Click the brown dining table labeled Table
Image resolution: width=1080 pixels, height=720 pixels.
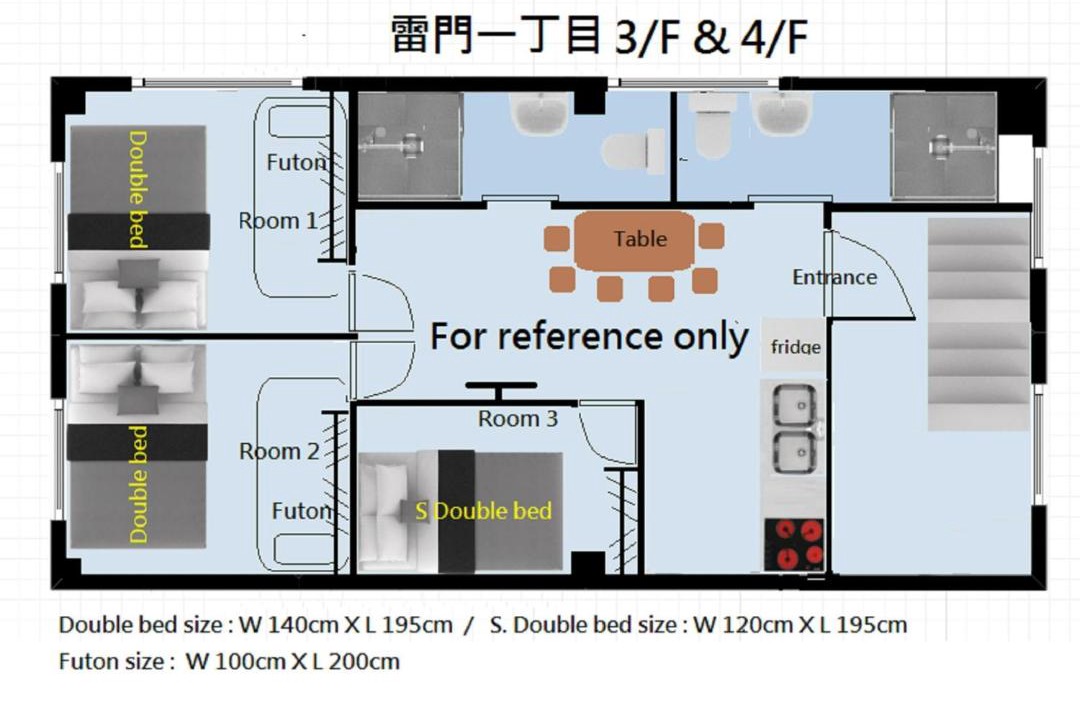[x=634, y=240]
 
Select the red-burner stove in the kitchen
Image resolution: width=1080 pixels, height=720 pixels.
[x=793, y=544]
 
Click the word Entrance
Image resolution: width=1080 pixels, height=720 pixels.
[x=834, y=277]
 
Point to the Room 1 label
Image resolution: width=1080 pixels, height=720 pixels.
[x=278, y=220]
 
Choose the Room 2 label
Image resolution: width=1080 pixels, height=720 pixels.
[x=279, y=451]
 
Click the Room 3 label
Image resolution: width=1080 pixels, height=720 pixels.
[x=518, y=418]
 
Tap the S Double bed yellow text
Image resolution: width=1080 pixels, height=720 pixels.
[x=484, y=511]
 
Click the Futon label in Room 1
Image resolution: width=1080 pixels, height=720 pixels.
[x=297, y=163]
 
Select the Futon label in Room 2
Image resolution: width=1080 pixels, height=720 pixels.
[x=302, y=511]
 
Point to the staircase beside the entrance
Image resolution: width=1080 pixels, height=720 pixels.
[x=979, y=324]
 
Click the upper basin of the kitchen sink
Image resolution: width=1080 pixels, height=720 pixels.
[x=794, y=405]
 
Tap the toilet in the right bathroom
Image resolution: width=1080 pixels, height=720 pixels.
[x=712, y=125]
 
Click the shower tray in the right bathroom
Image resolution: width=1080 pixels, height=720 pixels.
[x=943, y=146]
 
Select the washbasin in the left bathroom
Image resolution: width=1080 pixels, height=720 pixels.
[x=539, y=113]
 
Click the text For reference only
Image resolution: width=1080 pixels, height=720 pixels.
[x=589, y=337]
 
